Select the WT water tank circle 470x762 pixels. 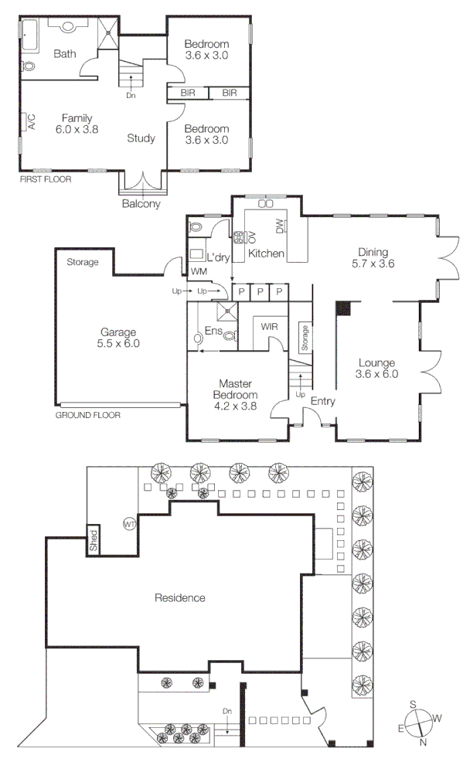coord(128,524)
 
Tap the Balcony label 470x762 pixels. coord(141,205)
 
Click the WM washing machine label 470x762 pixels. coord(198,271)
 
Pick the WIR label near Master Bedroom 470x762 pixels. coord(269,327)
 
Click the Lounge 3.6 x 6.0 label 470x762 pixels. coord(376,369)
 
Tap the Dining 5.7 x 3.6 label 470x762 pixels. coord(376,257)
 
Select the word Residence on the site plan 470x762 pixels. coord(180,597)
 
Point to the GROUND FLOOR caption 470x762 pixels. coord(87,415)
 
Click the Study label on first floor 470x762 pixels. coord(141,138)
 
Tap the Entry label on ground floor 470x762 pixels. coord(323,401)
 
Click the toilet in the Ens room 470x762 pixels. coord(229,335)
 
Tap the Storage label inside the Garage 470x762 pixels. coord(82,262)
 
